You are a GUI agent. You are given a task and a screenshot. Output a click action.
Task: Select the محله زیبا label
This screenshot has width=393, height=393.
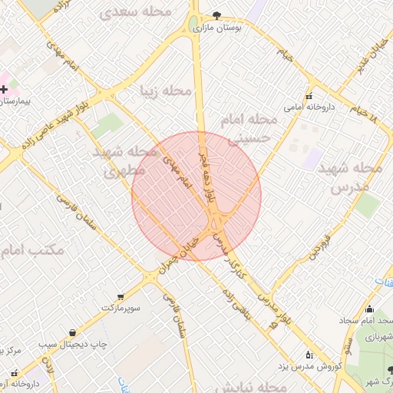pyautogui.click(x=166, y=91)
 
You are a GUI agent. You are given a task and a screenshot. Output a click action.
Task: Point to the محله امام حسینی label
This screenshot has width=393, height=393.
pyautogui.click(x=247, y=128)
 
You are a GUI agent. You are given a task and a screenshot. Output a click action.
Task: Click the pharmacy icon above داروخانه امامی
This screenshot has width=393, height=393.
pyautogui.click(x=309, y=97)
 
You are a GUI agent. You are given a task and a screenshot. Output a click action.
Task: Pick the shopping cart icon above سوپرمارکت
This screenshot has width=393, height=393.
pyautogui.click(x=121, y=296)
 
